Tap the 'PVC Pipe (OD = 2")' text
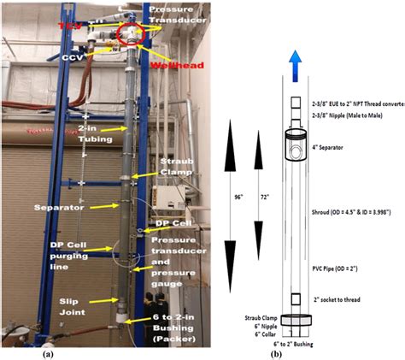(348, 269)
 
